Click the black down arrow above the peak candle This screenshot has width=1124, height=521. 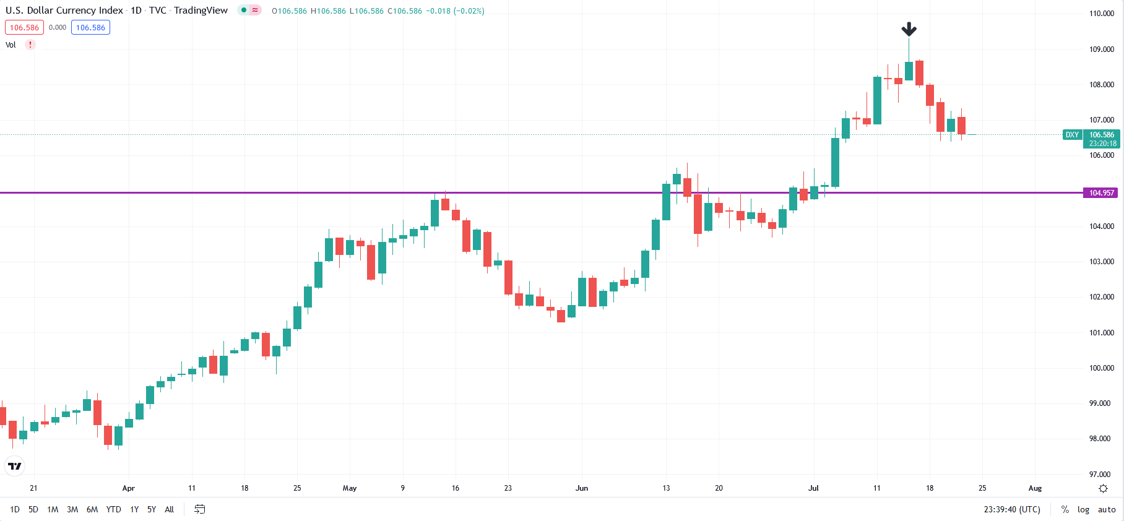pyautogui.click(x=909, y=29)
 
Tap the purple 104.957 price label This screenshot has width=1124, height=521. pyautogui.click(x=1101, y=193)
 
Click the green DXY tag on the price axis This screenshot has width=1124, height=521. pyautogui.click(x=1072, y=135)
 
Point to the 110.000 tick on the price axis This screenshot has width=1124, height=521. pyautogui.click(x=1101, y=14)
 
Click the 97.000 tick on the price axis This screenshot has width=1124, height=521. pyautogui.click(x=1101, y=475)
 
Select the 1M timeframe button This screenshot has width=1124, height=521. pyautogui.click(x=53, y=510)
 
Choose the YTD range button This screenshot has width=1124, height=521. pyautogui.click(x=113, y=510)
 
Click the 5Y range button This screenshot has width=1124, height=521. pyautogui.click(x=152, y=510)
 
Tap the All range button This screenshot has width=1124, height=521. pyautogui.click(x=169, y=510)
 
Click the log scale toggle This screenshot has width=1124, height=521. pyautogui.click(x=1083, y=510)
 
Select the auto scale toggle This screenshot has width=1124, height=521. pyautogui.click(x=1107, y=510)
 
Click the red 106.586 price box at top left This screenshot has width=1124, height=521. pyautogui.click(x=24, y=28)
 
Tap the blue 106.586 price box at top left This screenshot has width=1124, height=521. pyautogui.click(x=90, y=28)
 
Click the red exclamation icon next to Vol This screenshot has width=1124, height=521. pyautogui.click(x=30, y=45)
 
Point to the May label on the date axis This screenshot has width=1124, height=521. pyautogui.click(x=350, y=488)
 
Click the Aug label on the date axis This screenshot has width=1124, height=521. pyautogui.click(x=1035, y=488)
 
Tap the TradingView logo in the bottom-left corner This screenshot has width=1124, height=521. pyautogui.click(x=15, y=466)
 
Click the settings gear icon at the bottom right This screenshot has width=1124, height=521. pyautogui.click(x=1103, y=489)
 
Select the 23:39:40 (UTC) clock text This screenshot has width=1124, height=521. pyautogui.click(x=1012, y=510)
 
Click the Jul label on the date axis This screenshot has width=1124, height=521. pyautogui.click(x=813, y=488)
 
